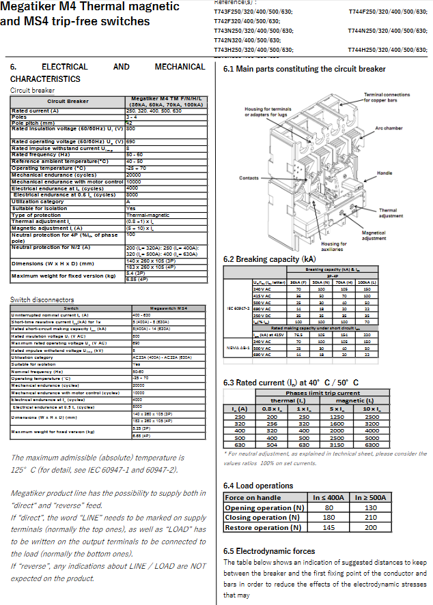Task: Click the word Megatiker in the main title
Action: [x=31, y=8]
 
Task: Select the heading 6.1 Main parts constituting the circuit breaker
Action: [x=305, y=69]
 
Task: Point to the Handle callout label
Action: [x=385, y=173]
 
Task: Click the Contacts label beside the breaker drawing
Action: [x=249, y=178]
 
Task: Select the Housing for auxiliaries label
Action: [x=334, y=246]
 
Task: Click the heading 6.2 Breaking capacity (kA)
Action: [x=270, y=259]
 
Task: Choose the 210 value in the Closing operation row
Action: [x=371, y=518]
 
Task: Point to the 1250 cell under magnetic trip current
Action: [x=336, y=416]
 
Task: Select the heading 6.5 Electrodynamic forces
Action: [x=270, y=551]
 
